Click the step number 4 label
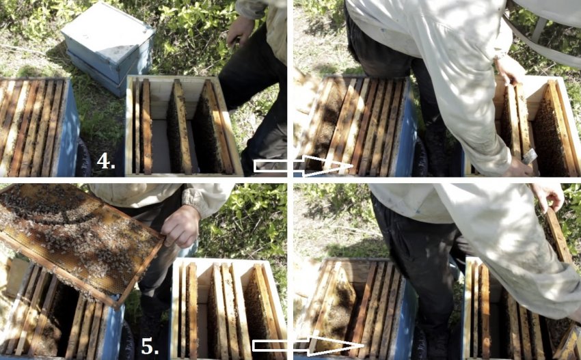click(105, 161)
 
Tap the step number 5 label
click(150, 346)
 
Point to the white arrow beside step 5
click(308, 346)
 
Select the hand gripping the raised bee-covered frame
click(181, 226)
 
